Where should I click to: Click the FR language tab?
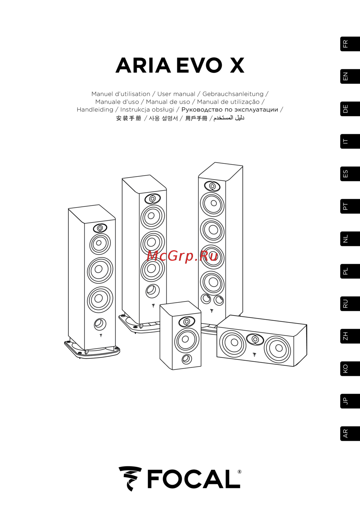tap(350, 44)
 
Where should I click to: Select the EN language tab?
tap(350, 76)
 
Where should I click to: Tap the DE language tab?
tap(350, 109)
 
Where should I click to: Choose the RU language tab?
tap(350, 304)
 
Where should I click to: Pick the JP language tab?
tap(350, 401)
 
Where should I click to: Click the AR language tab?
tap(350, 434)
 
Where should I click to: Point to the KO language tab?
tap(350, 369)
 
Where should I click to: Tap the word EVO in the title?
tap(199, 65)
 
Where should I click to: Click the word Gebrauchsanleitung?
tap(233, 94)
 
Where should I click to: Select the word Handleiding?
tap(95, 109)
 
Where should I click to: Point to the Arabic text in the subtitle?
tap(229, 118)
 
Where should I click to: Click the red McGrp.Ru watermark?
tap(182, 256)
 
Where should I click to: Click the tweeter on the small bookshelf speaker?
tap(187, 322)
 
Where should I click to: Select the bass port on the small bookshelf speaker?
tap(187, 359)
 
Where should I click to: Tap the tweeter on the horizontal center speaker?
tap(255, 339)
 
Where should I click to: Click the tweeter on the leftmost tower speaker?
tap(100, 228)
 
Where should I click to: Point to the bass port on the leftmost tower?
tap(100, 324)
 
